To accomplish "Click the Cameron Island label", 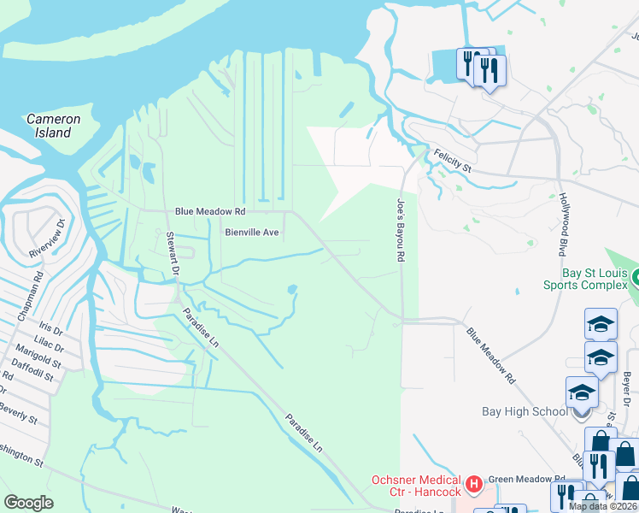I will tap(53, 126).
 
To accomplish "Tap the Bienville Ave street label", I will tap(252, 232).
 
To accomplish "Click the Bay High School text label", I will tap(525, 411).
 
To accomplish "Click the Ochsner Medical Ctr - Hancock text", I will tap(415, 486).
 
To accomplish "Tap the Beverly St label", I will tap(19, 414).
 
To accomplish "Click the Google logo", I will tap(28, 502).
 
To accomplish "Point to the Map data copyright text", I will tap(601, 506).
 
